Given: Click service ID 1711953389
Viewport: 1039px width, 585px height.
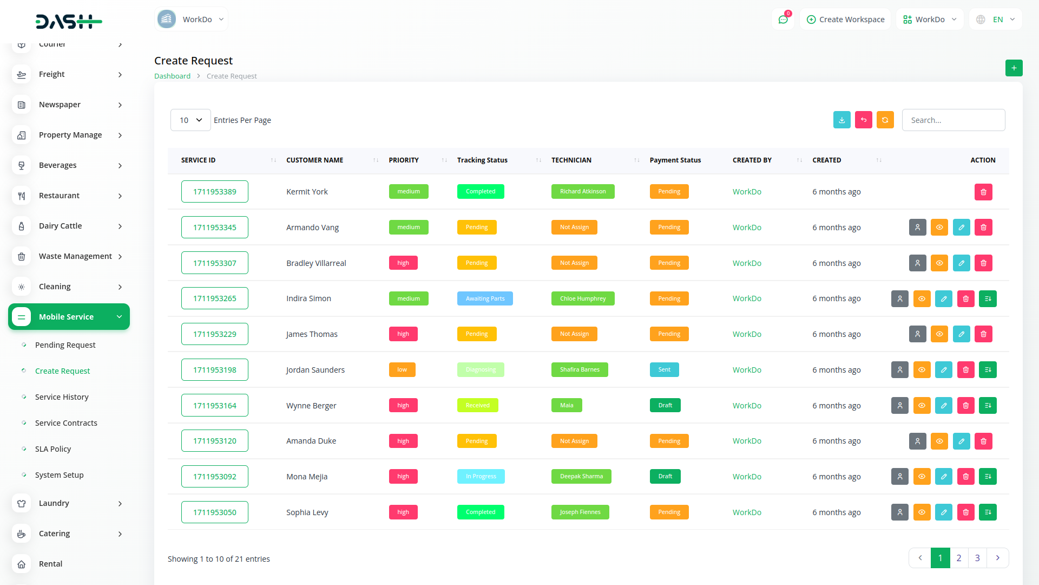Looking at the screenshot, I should [215, 192].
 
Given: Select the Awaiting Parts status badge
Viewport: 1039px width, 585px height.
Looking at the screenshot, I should [485, 298].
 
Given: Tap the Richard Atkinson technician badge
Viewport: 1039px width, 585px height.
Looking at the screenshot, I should [583, 192].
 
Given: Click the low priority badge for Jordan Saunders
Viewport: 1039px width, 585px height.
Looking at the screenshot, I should [402, 370].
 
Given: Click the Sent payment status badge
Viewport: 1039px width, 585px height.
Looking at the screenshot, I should [664, 370].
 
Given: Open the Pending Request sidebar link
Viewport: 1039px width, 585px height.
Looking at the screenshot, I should [65, 345].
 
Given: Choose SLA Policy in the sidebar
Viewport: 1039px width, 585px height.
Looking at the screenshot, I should [53, 449].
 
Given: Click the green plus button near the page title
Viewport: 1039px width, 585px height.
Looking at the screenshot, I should [1014, 68].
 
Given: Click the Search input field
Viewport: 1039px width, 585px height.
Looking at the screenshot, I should [953, 120].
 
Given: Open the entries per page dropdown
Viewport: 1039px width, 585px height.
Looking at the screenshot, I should [190, 120].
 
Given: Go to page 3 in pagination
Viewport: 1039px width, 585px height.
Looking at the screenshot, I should [977, 558].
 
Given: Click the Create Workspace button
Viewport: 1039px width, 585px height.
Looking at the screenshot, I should [845, 19].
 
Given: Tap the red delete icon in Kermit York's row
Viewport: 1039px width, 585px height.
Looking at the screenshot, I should [983, 192].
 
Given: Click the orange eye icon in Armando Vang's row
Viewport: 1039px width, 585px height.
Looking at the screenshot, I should [939, 227].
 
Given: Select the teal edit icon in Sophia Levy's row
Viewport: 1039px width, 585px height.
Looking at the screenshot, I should [943, 512].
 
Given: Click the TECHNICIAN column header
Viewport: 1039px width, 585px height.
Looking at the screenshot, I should [571, 160].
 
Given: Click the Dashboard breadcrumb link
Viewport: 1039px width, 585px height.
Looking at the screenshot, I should [172, 76].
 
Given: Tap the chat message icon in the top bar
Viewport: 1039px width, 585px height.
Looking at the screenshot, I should [783, 19].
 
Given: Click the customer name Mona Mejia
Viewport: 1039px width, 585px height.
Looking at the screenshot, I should [307, 477].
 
